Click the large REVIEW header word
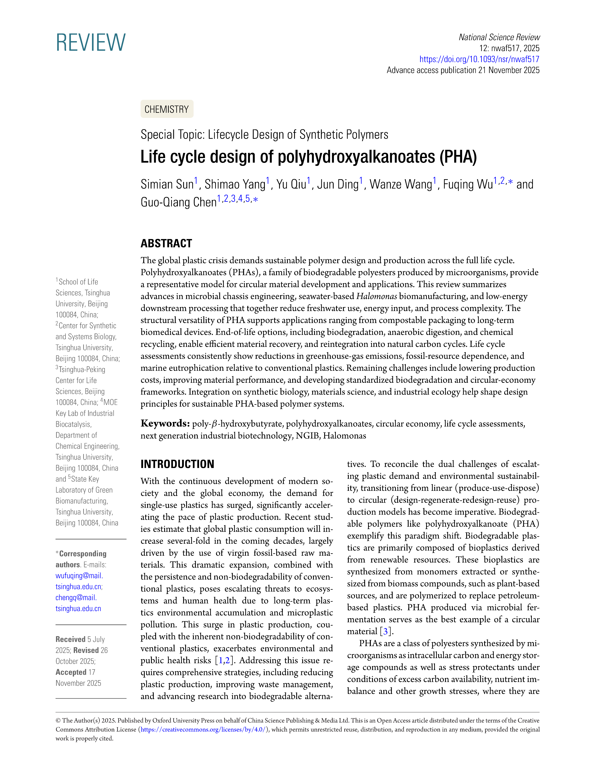91,42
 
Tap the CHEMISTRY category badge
167,109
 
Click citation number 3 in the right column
385,631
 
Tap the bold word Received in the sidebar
71,639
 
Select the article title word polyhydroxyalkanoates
356,157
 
